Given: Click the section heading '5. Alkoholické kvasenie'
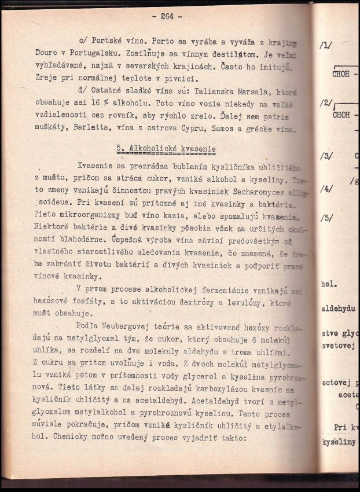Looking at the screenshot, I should [x=166, y=149].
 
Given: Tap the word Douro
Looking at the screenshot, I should [x=46, y=52].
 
